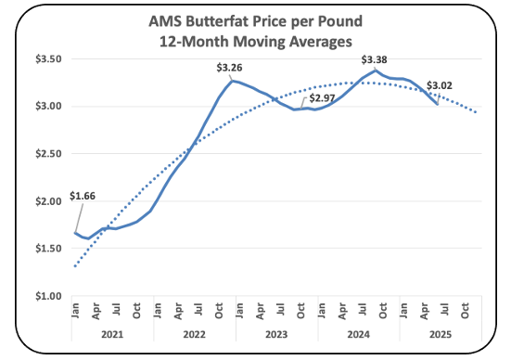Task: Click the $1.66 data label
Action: click(x=83, y=196)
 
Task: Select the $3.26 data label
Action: click(x=229, y=68)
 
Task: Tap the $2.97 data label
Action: click(x=322, y=97)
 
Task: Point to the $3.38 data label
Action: click(x=374, y=59)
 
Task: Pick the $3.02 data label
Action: click(x=440, y=85)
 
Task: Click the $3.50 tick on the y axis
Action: click(x=48, y=59)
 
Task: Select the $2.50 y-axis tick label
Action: click(x=48, y=154)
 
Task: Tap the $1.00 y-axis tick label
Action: click(x=48, y=296)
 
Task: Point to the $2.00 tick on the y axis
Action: click(x=48, y=201)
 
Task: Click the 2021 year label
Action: click(x=112, y=335)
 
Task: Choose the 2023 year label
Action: click(x=276, y=335)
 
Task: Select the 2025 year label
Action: click(x=441, y=335)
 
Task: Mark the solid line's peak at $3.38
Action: click(x=376, y=70)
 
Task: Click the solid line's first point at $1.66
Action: click(x=75, y=233)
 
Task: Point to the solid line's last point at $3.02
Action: click(x=438, y=104)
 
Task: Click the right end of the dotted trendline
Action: click(x=476, y=112)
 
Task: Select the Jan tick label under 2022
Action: click(x=158, y=311)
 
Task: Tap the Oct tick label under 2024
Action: click(x=383, y=311)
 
